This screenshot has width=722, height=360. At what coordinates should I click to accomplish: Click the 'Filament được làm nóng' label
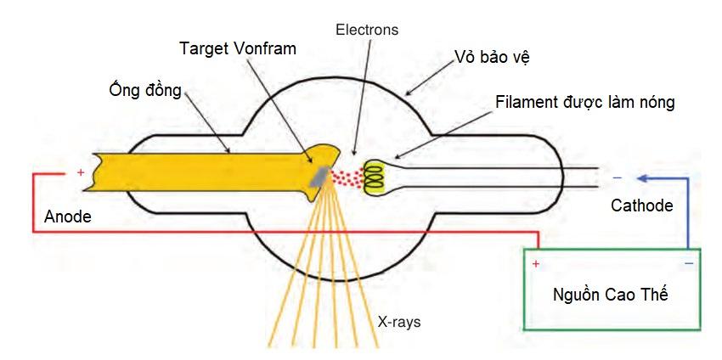click(x=585, y=102)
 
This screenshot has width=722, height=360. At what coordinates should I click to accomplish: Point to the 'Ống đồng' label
click(x=144, y=89)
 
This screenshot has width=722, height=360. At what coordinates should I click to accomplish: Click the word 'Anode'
click(x=68, y=217)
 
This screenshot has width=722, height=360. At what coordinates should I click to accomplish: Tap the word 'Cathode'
click(x=641, y=205)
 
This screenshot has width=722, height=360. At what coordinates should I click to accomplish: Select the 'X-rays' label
click(x=398, y=322)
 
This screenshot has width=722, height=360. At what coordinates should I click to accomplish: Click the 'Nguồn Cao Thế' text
click(x=610, y=295)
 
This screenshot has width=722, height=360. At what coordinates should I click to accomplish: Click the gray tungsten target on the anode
click(x=319, y=176)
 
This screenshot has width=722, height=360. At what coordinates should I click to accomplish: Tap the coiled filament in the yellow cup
click(x=375, y=173)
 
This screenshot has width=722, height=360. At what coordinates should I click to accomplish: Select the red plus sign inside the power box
click(x=536, y=264)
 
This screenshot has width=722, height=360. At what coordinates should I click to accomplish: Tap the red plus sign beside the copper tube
click(x=81, y=172)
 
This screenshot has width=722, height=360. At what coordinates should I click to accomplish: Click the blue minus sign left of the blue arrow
click(x=617, y=177)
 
